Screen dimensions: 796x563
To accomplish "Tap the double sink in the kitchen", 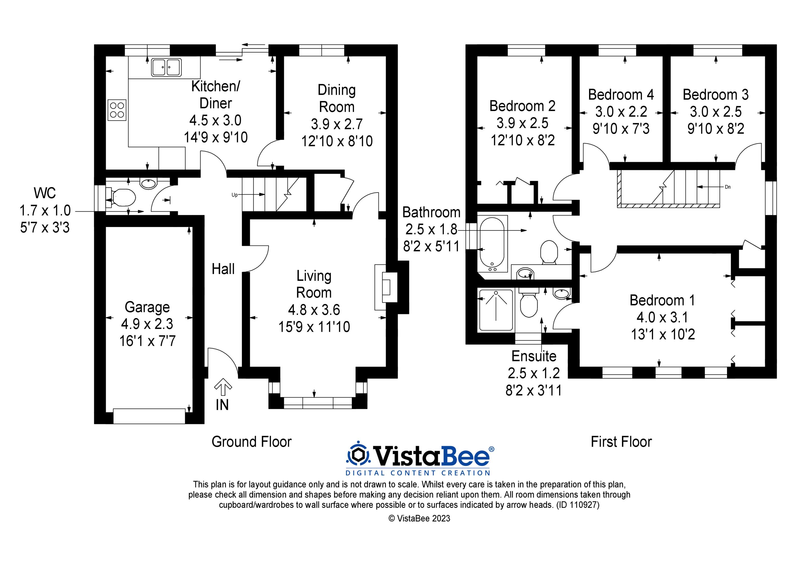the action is [166, 67].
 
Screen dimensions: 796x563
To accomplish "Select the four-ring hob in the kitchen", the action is [117, 110].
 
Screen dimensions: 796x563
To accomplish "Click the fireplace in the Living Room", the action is [386, 287].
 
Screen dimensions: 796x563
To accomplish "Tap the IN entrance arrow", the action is [223, 387].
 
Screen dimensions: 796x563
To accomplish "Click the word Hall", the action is [223, 269].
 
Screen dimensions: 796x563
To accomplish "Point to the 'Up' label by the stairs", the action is [235, 195].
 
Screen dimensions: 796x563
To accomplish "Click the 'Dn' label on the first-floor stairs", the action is [728, 187].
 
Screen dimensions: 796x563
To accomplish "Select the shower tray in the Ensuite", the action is [496, 310].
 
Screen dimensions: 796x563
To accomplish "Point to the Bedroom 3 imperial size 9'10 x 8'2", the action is [716, 129].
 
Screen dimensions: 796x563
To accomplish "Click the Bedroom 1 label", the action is [663, 300].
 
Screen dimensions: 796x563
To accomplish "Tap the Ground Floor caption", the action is [251, 442].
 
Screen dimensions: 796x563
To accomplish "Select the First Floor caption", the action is [621, 442].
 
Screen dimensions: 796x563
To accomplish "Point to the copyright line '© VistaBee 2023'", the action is [419, 518].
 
